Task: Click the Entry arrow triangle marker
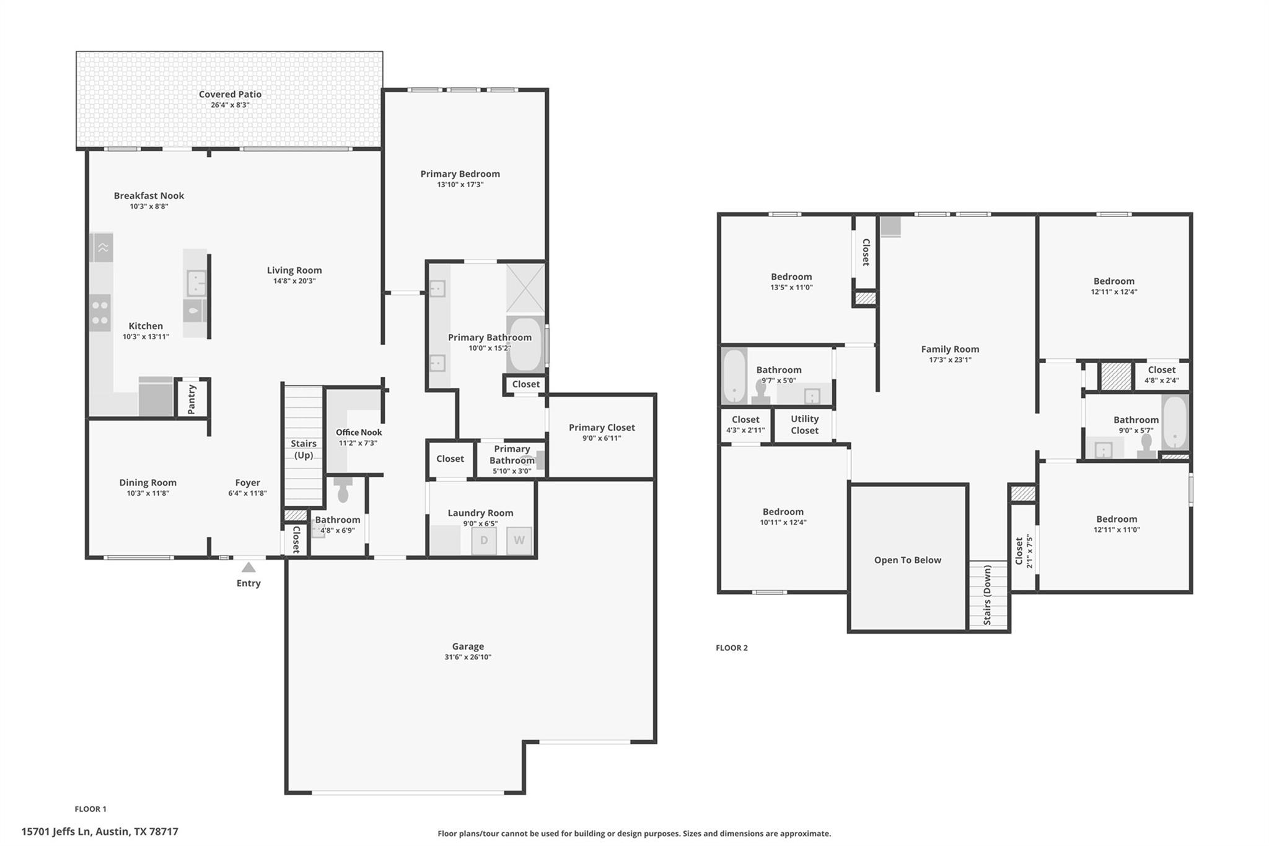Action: point(248,567)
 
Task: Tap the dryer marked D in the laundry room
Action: point(484,540)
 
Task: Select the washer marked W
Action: point(519,540)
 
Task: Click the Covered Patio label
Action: point(230,94)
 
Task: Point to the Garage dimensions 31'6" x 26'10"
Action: point(468,657)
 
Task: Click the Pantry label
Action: point(191,399)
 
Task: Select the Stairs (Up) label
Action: point(304,449)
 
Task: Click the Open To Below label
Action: point(907,560)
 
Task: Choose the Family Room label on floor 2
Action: point(949,349)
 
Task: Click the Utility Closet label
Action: point(804,425)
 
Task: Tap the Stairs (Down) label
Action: point(987,595)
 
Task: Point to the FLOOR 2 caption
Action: point(731,648)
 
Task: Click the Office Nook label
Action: point(359,433)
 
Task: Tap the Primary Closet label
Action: point(601,427)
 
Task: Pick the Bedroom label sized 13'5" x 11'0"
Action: point(791,276)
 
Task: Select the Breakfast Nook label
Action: point(149,195)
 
